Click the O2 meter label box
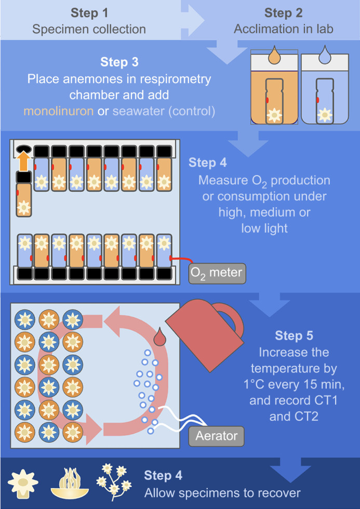point(217,273)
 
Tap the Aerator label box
point(216,436)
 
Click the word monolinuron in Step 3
point(58,111)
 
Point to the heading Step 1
point(89,14)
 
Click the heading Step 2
point(284,14)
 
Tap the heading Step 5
point(294,336)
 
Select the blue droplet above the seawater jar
point(324,55)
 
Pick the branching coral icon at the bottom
point(114,482)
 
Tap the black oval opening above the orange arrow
point(23,148)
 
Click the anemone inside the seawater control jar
point(325,115)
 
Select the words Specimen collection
point(89,29)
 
